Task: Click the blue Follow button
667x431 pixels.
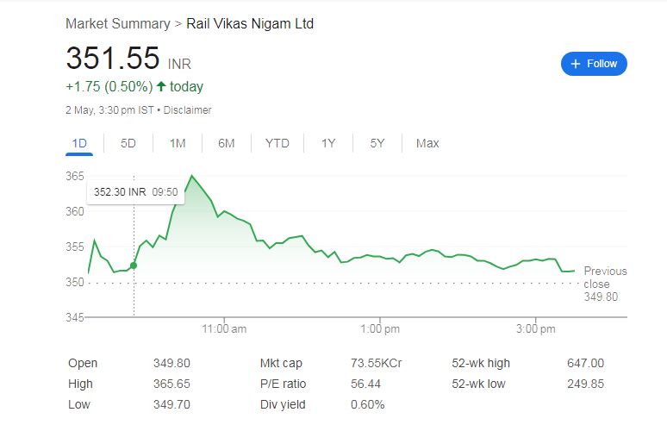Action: click(x=594, y=64)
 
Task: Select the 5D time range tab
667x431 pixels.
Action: click(x=128, y=143)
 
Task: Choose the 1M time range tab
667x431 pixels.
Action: click(x=178, y=143)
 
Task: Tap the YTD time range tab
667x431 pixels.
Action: click(x=277, y=143)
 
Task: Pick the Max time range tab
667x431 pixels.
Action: click(x=427, y=143)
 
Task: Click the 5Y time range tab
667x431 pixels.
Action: click(x=377, y=143)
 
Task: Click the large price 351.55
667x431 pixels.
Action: click(x=113, y=59)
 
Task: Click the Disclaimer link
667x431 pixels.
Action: click(x=187, y=110)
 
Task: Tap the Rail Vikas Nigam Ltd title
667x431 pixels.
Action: click(x=250, y=23)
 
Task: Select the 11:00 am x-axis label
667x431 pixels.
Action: click(x=224, y=329)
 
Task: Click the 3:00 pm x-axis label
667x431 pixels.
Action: click(x=536, y=329)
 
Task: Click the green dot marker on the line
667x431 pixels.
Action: click(x=134, y=265)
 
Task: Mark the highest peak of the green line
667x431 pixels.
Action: click(x=192, y=176)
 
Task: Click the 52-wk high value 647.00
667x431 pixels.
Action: click(x=585, y=363)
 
